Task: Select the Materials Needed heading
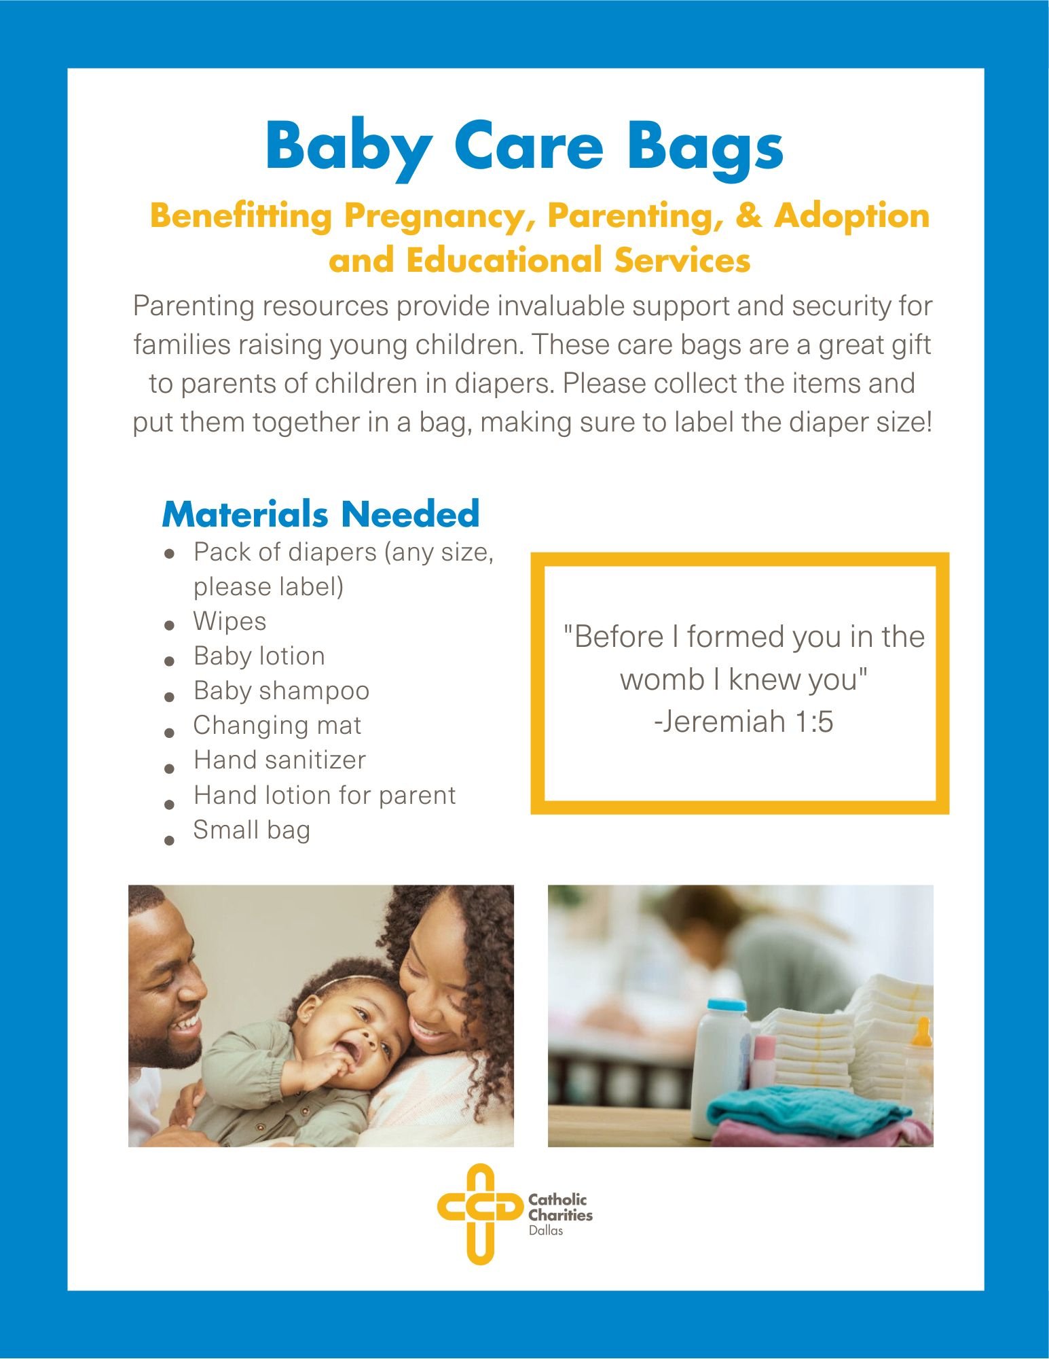click(x=320, y=514)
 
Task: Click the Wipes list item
click(x=229, y=622)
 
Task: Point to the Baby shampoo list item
click(x=281, y=691)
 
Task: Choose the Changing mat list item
click(x=277, y=726)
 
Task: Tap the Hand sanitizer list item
click(x=280, y=760)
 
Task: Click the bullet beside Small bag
click(x=170, y=840)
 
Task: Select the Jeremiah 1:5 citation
click(x=743, y=722)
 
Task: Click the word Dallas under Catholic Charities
click(x=546, y=1231)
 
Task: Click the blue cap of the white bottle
click(x=726, y=1006)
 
